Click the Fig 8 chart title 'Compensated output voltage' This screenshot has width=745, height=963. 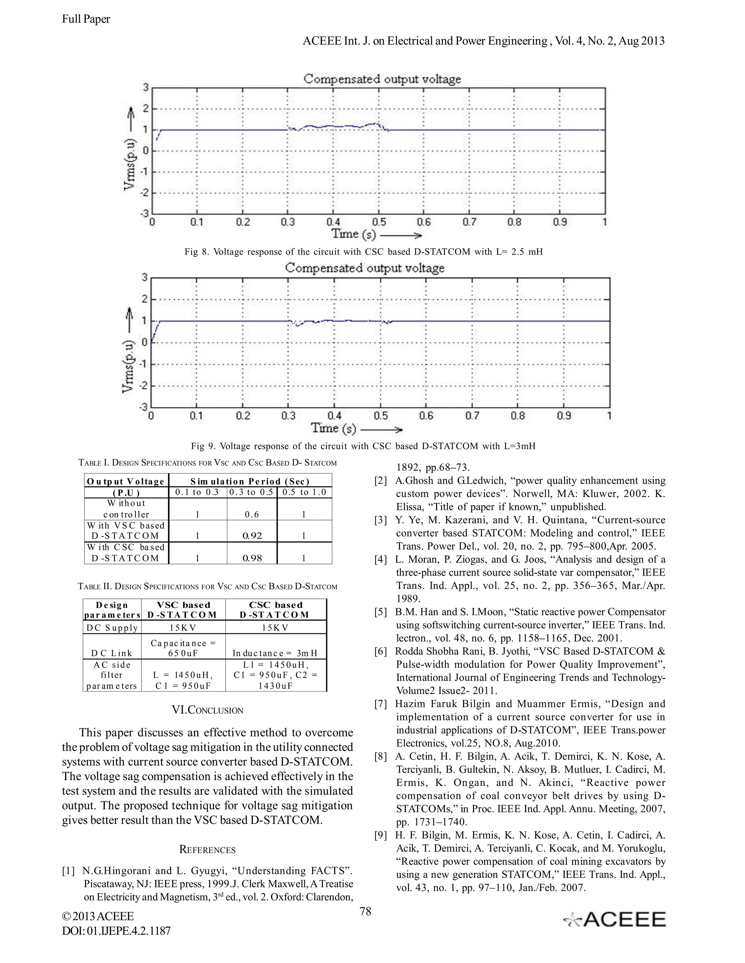[x=382, y=79]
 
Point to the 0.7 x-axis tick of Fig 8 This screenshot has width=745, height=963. [x=469, y=222]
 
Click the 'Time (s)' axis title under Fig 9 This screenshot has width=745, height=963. [x=334, y=428]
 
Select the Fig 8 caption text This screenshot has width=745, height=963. [x=363, y=252]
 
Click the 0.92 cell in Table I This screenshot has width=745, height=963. [x=252, y=536]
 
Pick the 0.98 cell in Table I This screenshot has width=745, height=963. [x=252, y=558]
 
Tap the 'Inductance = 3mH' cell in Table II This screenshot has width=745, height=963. [x=276, y=653]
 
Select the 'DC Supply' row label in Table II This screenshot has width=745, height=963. [x=112, y=628]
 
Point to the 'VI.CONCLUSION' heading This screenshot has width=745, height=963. [x=207, y=710]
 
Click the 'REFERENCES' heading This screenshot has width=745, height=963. [x=207, y=850]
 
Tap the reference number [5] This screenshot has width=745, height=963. [x=381, y=612]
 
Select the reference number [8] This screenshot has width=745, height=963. [x=381, y=757]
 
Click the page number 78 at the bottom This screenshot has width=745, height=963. [x=366, y=911]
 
